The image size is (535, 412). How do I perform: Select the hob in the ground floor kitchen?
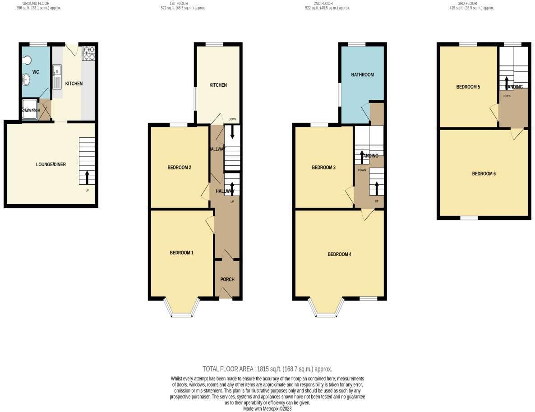(x=88, y=53)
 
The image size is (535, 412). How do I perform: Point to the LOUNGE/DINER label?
(x=51, y=164)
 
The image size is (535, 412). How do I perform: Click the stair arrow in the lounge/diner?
(x=87, y=177)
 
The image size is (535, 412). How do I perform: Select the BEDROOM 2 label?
(x=180, y=168)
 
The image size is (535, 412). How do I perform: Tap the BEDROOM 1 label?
(x=181, y=253)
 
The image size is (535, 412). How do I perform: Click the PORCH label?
(x=227, y=279)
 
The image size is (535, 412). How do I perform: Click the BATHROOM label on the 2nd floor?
(x=363, y=75)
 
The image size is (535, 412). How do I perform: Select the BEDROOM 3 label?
(x=324, y=168)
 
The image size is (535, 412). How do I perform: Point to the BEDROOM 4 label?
(x=339, y=254)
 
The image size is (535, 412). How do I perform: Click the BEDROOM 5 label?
(x=468, y=87)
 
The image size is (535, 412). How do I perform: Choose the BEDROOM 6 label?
(x=484, y=173)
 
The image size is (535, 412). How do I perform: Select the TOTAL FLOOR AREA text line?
(x=267, y=369)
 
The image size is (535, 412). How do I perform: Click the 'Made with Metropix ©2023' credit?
(x=267, y=408)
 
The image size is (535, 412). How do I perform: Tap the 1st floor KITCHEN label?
(x=218, y=85)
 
